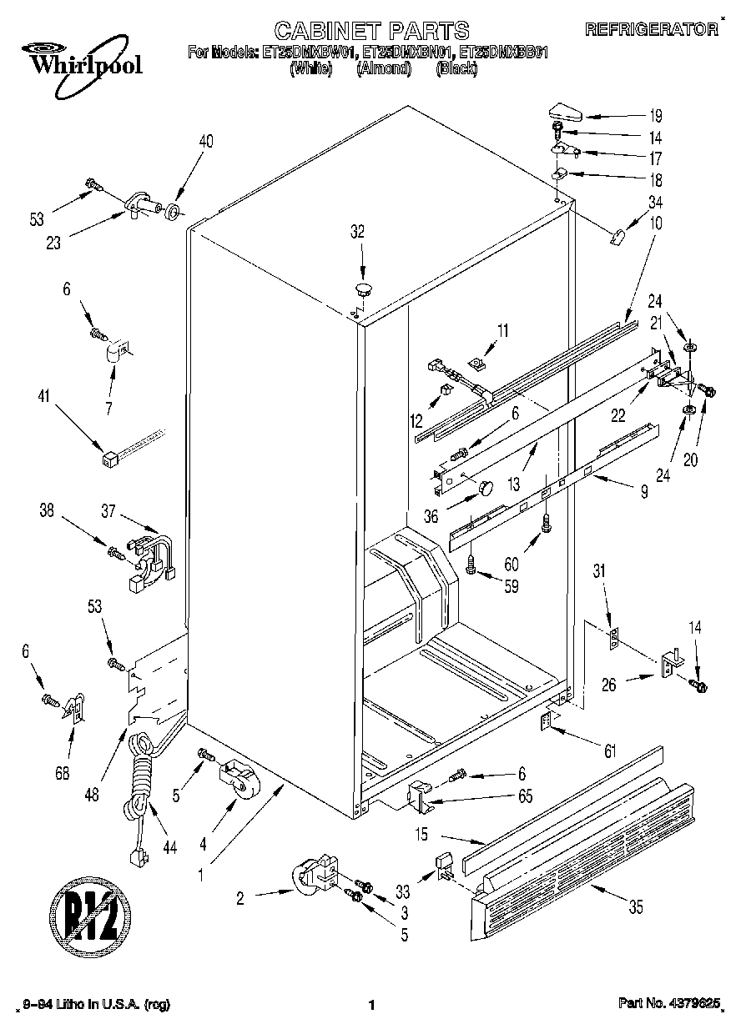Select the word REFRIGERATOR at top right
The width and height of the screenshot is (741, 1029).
tap(651, 29)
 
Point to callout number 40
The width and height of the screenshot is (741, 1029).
tap(205, 142)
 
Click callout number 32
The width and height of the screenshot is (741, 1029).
tap(357, 233)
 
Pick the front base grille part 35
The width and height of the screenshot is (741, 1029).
tap(584, 851)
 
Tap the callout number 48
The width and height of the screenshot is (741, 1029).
tap(91, 795)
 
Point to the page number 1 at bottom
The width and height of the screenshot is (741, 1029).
tap(370, 1006)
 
